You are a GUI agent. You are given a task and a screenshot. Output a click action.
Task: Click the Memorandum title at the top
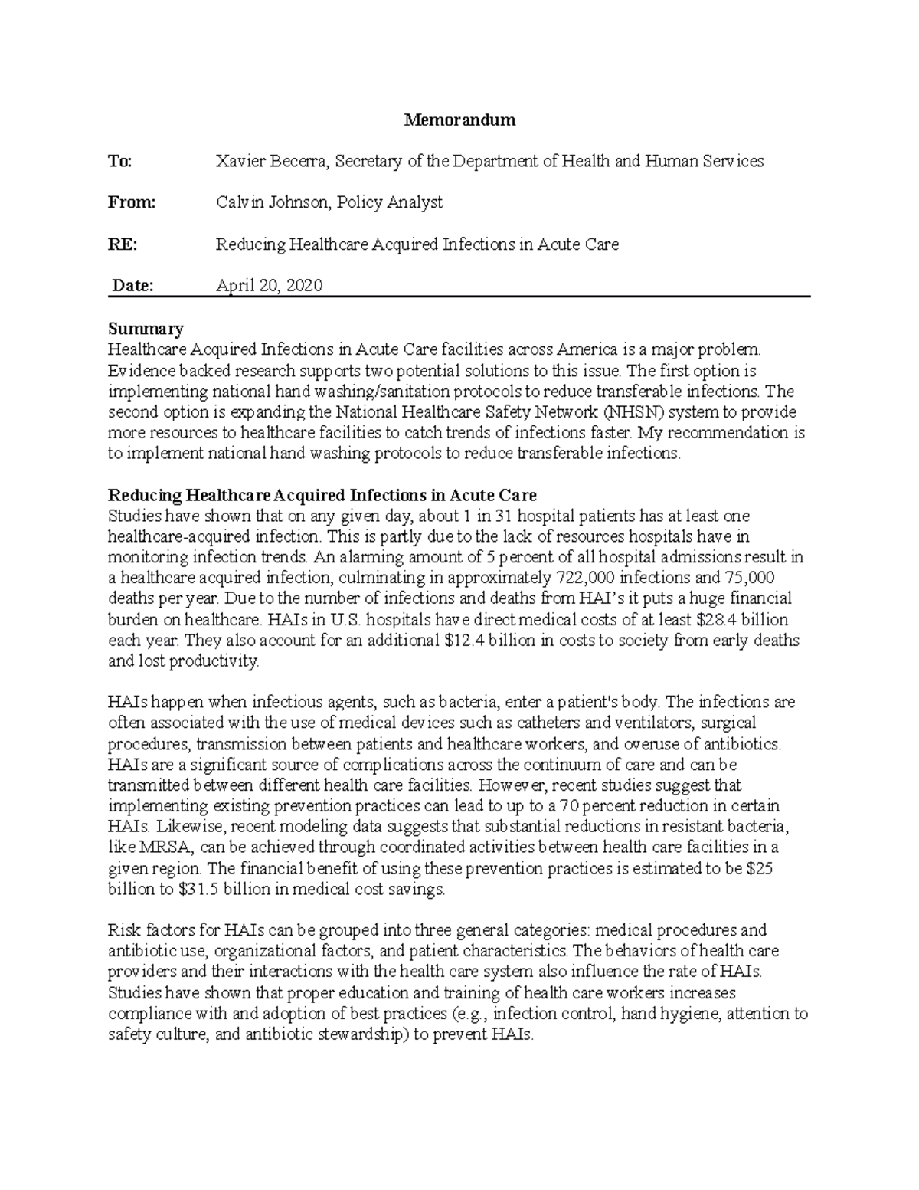pos(459,120)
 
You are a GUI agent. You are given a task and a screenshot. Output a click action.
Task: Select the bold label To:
pos(120,161)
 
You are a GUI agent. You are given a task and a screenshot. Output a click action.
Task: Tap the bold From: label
pos(132,202)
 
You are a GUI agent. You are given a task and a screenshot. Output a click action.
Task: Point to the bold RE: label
pos(123,244)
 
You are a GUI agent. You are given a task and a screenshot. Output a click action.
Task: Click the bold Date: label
pos(133,286)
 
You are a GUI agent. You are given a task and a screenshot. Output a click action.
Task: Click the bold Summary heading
pos(146,329)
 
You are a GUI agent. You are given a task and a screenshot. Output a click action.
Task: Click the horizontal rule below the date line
pos(459,297)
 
